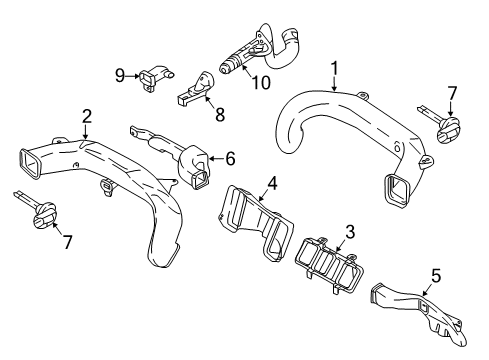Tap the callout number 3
click(349, 233)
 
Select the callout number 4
click(270, 183)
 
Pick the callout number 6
click(230, 157)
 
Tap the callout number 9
click(119, 74)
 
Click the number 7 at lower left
click(68, 243)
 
